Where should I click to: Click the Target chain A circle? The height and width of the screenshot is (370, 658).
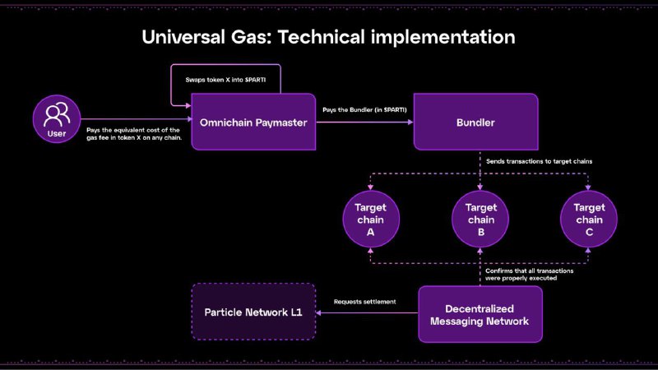pos(370,220)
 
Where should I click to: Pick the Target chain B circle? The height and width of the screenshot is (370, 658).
pos(480,220)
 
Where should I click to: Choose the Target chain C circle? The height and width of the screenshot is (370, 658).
pos(589,220)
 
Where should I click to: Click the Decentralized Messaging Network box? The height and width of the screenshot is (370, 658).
pos(480,314)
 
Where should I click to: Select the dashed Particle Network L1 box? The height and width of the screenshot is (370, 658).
pos(253,312)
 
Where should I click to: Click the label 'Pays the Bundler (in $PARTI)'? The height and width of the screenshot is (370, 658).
pos(357,109)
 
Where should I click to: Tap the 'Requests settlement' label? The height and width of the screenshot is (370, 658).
pos(364,302)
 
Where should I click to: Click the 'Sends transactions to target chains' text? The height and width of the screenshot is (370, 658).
pos(540,163)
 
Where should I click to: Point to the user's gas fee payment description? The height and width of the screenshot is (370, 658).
pos(133,135)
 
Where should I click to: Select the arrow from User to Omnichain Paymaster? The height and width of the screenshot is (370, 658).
pos(136,120)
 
